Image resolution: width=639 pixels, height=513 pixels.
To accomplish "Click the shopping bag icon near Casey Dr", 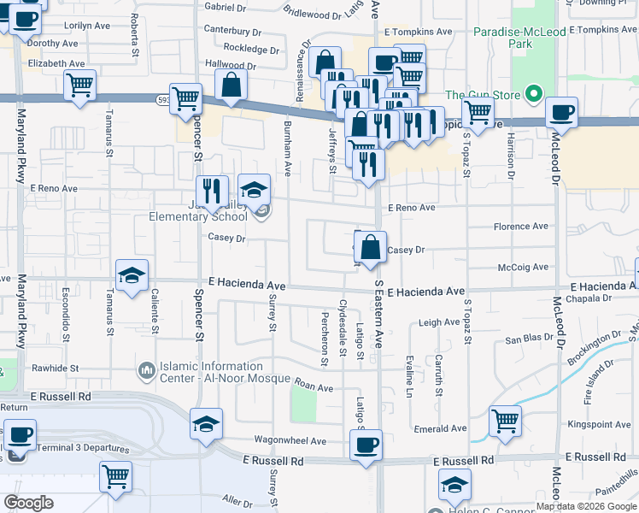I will (x=371, y=247).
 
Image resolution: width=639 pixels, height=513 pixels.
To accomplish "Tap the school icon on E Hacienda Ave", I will (x=132, y=275).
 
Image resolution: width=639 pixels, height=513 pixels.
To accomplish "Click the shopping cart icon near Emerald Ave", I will (x=505, y=420).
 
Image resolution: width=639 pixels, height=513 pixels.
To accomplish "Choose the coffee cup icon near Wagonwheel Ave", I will (x=366, y=445).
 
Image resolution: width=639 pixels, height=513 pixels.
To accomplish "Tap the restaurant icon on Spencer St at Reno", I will (x=211, y=191).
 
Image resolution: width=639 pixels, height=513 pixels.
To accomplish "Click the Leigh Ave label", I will (x=439, y=322).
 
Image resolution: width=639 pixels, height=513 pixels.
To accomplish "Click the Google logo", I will (x=28, y=503).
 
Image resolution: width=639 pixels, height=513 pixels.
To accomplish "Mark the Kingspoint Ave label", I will (x=595, y=424).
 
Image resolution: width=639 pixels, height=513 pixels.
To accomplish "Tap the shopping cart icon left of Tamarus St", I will (x=79, y=85).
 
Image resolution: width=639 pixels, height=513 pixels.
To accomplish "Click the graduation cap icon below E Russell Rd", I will (x=455, y=485).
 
